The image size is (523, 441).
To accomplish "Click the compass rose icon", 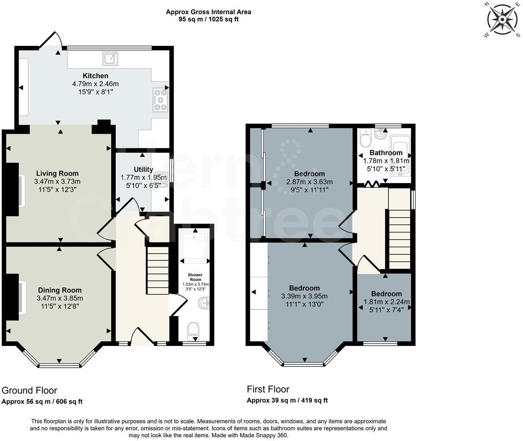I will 502,20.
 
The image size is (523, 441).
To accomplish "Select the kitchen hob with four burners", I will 160,99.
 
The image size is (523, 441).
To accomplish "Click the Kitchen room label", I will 95,76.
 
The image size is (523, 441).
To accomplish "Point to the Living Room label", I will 57,173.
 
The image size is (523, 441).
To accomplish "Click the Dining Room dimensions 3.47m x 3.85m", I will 60,298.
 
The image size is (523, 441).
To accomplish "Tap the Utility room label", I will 143,170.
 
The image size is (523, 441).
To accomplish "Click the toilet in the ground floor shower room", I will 193,330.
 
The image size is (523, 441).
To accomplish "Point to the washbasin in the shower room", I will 204,303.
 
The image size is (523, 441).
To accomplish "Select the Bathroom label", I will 386,153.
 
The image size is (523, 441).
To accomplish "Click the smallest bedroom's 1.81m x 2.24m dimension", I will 386,302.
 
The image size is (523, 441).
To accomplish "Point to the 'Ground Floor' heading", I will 29,390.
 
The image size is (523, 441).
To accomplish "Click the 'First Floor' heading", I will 268,389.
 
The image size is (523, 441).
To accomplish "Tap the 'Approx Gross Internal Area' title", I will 208,12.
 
